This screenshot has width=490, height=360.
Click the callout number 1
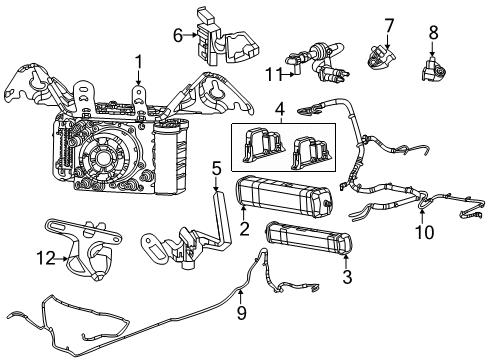point(138,64)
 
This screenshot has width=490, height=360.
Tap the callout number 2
point(244,228)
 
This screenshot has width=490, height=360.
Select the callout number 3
point(347,276)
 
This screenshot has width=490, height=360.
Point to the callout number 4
point(280,109)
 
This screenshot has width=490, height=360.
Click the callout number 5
point(217,169)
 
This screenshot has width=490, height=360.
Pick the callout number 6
point(178,35)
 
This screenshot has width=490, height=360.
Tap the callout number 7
point(389,26)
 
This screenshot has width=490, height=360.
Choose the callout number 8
point(433,33)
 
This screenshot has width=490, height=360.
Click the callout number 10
point(424,232)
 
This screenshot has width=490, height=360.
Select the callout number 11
point(274,74)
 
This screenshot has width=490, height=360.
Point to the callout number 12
point(46,258)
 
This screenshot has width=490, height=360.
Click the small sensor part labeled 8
point(434,69)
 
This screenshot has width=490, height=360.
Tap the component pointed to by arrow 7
point(381,58)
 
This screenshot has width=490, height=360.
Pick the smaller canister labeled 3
point(309,240)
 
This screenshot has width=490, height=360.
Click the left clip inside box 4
point(263,145)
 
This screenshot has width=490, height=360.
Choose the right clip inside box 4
point(311,153)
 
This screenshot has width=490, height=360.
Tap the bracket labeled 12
point(83,247)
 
